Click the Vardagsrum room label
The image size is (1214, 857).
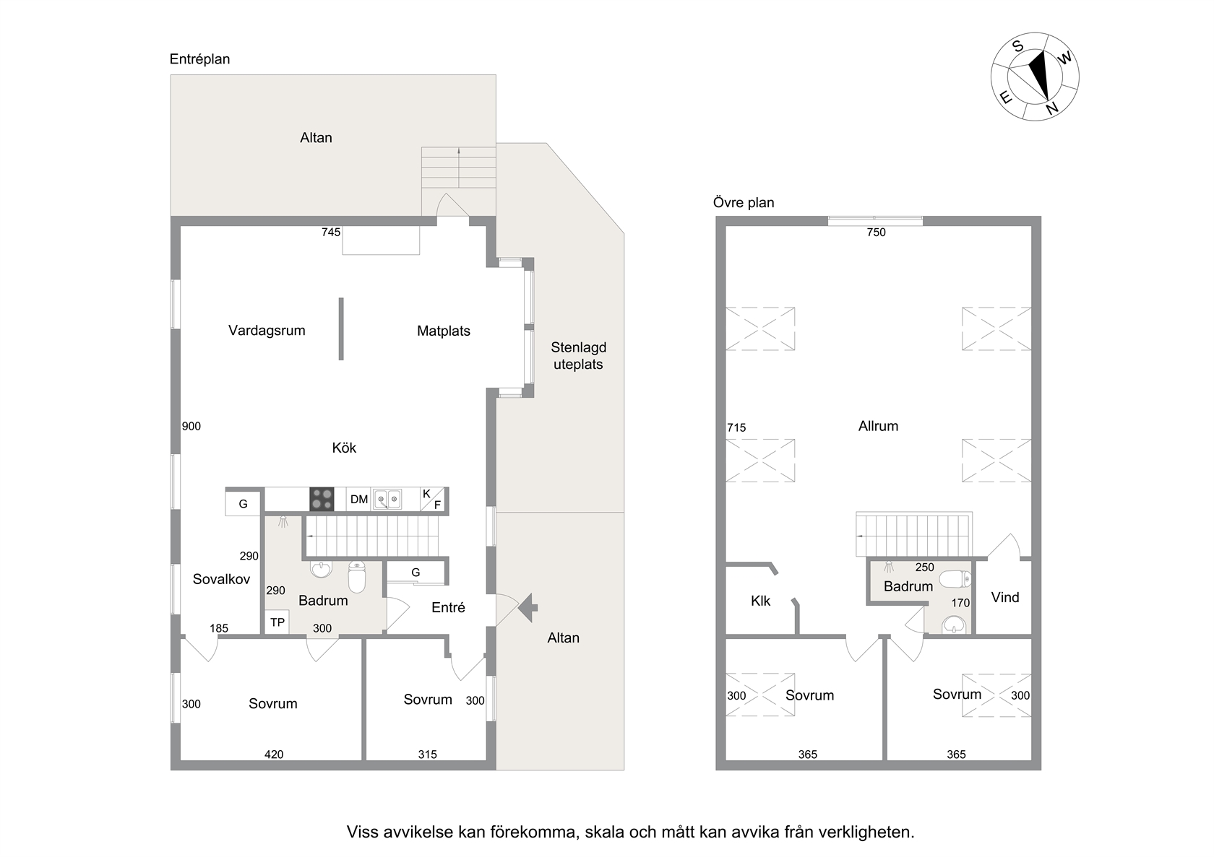point(267,331)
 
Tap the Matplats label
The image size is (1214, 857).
point(444,331)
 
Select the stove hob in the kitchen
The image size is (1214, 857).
point(322,499)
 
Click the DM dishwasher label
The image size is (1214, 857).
point(358,499)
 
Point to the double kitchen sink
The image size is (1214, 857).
point(388,499)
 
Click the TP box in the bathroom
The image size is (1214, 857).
point(277,622)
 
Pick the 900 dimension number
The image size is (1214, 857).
point(191,427)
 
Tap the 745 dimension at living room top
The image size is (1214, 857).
point(331,232)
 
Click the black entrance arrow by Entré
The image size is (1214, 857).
point(528,607)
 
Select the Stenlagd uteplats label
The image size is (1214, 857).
point(578,356)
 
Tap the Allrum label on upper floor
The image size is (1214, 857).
point(878,426)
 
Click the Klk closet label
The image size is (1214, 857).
point(760,601)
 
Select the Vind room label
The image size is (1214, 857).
point(1004,597)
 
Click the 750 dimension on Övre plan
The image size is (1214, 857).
point(876,232)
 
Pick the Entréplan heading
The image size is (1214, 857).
point(199,59)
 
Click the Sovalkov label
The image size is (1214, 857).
point(221,579)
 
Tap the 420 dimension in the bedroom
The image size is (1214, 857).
point(274,754)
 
